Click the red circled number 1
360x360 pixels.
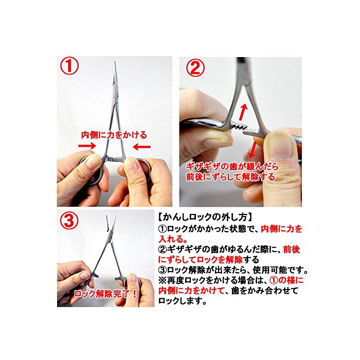pyautogui.click(x=69, y=66)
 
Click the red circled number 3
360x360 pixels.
pyautogui.click(x=69, y=220)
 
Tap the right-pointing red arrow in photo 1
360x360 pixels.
pyautogui.click(x=87, y=146)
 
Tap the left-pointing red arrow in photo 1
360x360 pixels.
pyautogui.click(x=142, y=147)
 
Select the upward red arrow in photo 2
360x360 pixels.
pyautogui.click(x=243, y=112)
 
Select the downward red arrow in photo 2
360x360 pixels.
pyautogui.click(x=253, y=150)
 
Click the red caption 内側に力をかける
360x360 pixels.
pyautogui.click(x=114, y=135)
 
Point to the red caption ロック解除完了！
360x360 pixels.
pyautogui.click(x=105, y=294)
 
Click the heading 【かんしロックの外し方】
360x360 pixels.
pyautogui.click(x=206, y=217)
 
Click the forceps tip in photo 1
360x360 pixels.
pyautogui.click(x=114, y=62)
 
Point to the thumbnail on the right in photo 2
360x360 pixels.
pyautogui.click(x=281, y=146)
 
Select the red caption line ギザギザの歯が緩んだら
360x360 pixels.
pyautogui.click(x=232, y=166)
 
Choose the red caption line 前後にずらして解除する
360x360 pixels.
pyautogui.click(x=230, y=176)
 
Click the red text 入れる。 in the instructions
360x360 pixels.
pyautogui.click(x=172, y=239)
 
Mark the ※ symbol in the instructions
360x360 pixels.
pyautogui.click(x=162, y=280)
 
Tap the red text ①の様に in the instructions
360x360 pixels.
pyautogui.click(x=286, y=280)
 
